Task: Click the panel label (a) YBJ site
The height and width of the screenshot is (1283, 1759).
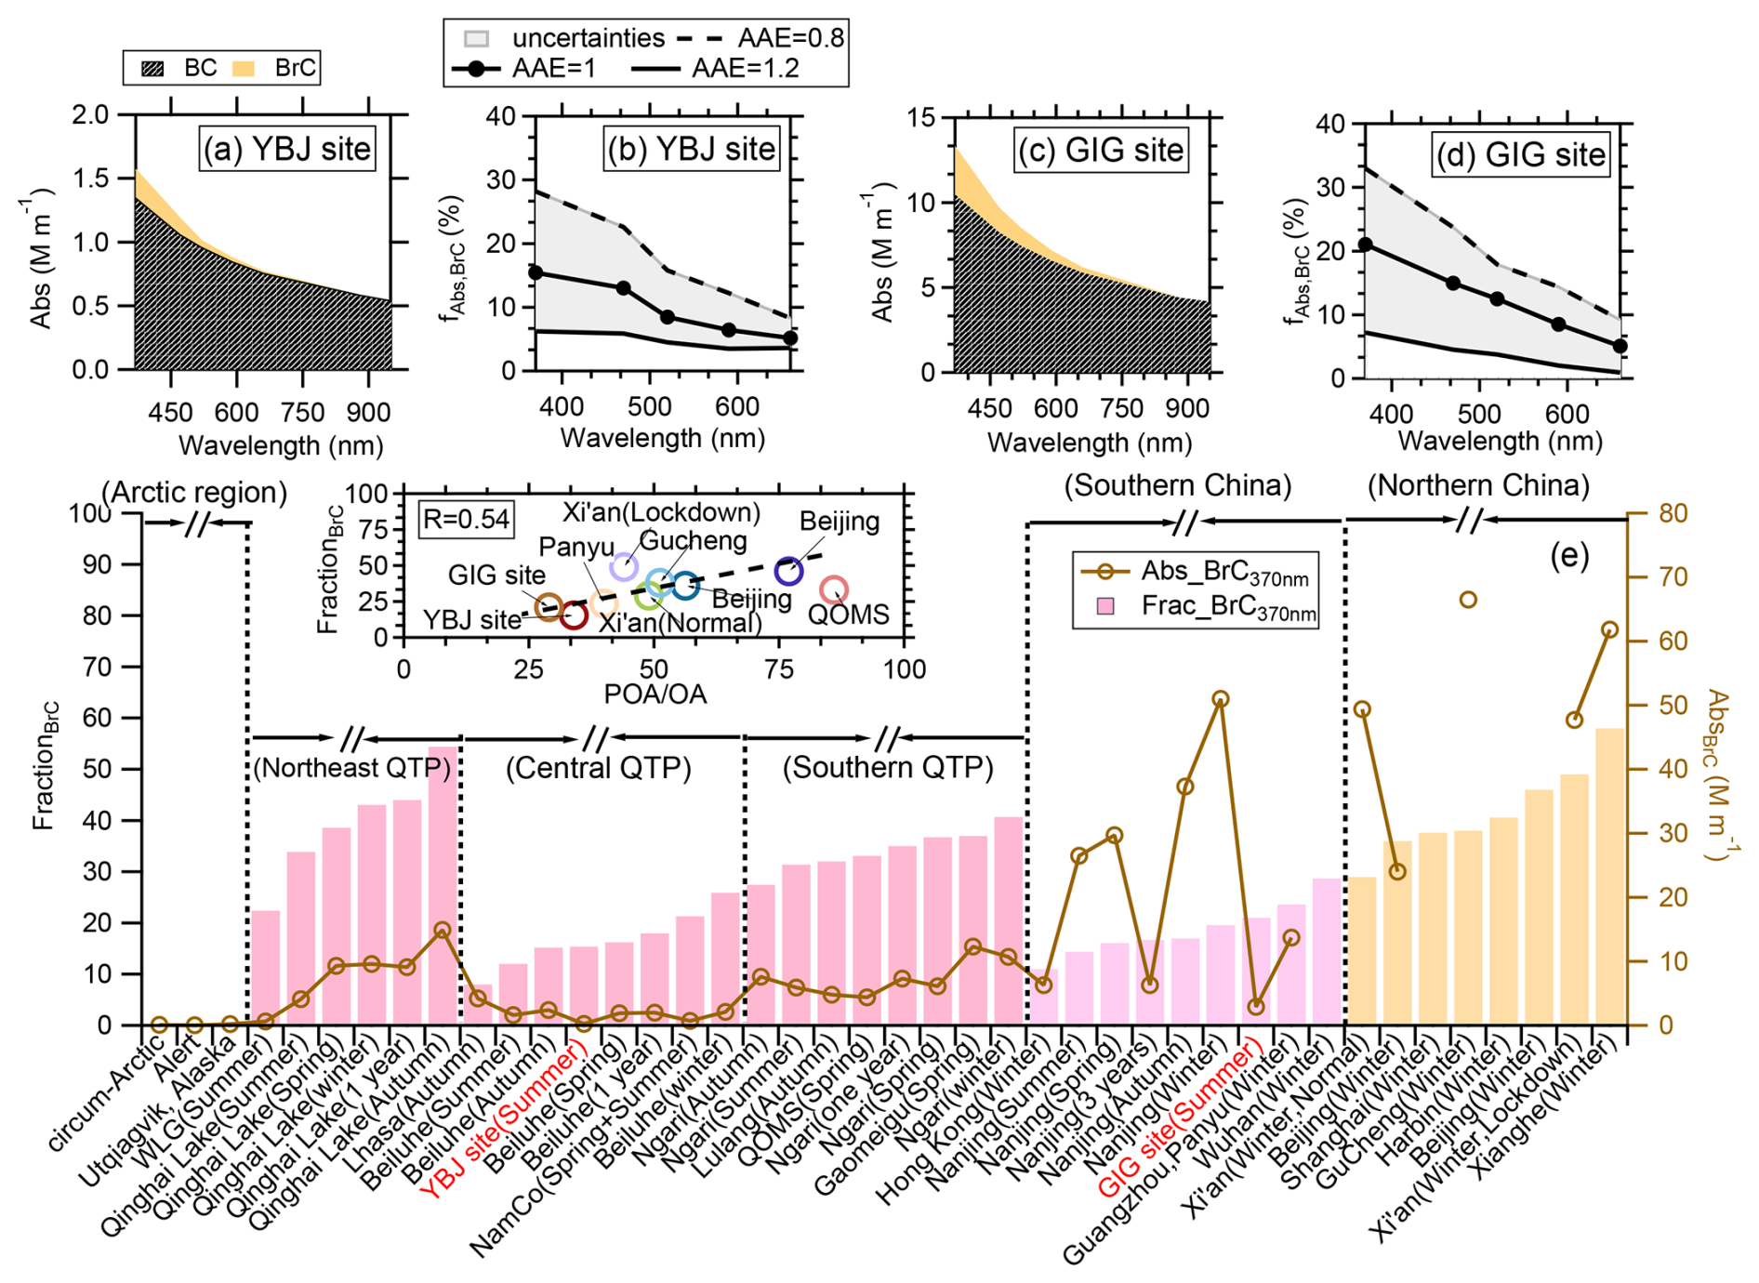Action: [287, 149]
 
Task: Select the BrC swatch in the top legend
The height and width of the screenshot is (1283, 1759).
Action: [244, 68]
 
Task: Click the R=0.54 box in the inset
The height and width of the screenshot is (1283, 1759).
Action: [466, 519]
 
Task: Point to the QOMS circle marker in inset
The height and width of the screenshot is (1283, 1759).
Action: [834, 589]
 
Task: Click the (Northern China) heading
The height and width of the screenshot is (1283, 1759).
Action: [1478, 484]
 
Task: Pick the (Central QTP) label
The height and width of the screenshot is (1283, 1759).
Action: [599, 768]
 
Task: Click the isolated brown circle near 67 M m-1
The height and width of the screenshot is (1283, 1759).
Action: [1468, 600]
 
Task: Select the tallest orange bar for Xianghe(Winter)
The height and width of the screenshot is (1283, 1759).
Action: [1609, 874]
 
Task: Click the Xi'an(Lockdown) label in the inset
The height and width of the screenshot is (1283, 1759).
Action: [661, 512]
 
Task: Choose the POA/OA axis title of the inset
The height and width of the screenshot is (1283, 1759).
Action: [655, 694]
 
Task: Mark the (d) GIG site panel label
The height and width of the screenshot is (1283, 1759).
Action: [1521, 154]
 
